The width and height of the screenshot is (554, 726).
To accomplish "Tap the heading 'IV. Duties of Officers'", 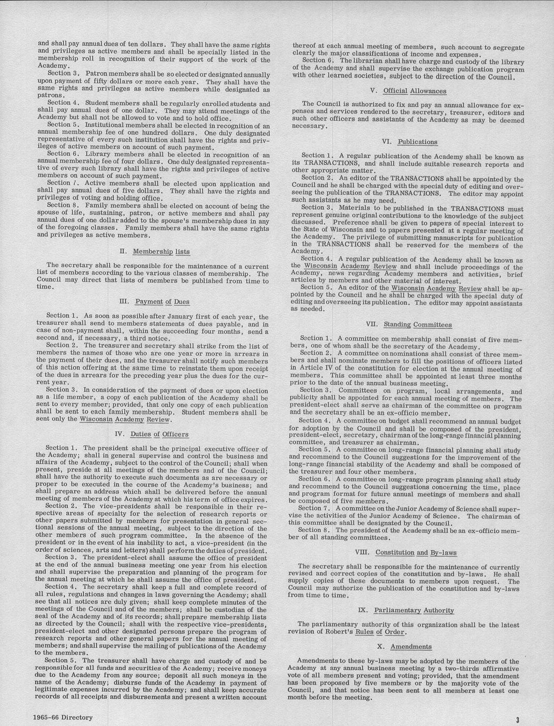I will (151, 435).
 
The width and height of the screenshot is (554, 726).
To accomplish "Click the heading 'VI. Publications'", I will (409, 142).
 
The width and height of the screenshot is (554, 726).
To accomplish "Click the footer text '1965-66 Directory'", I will (62, 718).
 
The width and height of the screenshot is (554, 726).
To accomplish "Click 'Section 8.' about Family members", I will (63, 205).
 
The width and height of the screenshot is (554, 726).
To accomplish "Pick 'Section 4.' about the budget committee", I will (314, 421).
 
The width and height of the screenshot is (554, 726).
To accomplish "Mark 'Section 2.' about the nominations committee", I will (315, 353).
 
